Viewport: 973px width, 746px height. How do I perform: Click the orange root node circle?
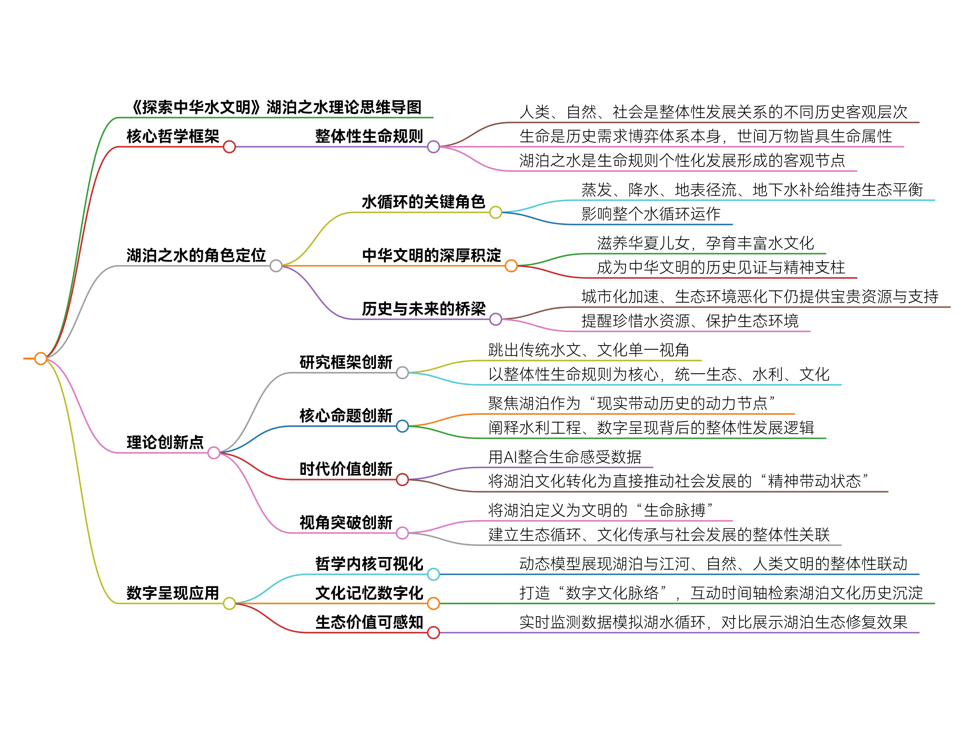tap(41, 358)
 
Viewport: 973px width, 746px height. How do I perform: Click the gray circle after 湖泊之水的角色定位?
tap(276, 266)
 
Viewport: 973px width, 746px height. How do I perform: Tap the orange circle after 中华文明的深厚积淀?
tap(511, 266)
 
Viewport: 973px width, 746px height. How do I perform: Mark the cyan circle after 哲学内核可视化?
tap(433, 574)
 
